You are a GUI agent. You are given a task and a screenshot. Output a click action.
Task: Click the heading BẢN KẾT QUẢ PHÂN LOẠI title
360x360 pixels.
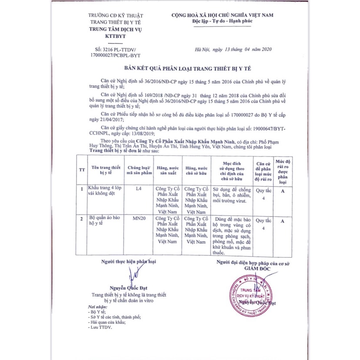(x=180, y=69)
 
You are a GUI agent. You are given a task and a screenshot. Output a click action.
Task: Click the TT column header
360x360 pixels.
(x=81, y=170)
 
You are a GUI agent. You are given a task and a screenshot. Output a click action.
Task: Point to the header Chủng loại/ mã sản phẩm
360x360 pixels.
(x=139, y=170)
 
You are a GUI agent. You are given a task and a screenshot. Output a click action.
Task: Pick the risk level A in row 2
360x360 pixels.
(x=282, y=221)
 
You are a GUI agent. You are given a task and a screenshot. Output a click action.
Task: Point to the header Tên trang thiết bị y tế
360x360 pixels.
(x=104, y=170)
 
